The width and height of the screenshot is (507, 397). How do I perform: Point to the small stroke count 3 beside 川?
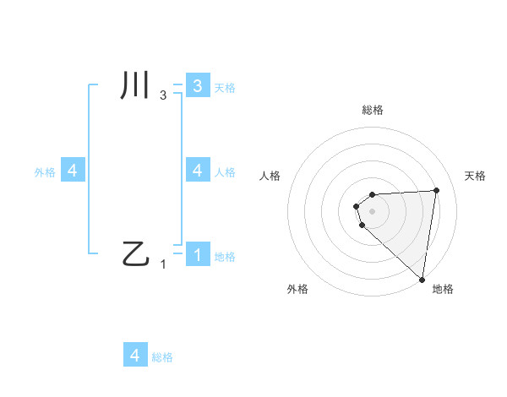(163, 95)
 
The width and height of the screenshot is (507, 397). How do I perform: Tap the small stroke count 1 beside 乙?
(163, 264)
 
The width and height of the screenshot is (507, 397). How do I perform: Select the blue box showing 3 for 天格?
(198, 86)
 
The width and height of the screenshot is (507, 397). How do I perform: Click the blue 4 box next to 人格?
(198, 170)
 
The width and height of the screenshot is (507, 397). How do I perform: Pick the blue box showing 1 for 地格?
(198, 254)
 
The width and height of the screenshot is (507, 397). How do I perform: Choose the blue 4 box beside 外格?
(73, 171)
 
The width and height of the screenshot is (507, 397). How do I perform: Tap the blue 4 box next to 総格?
(135, 355)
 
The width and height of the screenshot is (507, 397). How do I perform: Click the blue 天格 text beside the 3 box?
(225, 87)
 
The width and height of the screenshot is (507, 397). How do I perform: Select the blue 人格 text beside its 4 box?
(225, 171)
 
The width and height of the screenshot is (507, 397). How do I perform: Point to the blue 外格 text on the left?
(45, 171)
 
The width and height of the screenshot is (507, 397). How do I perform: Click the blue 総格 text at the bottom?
(162, 357)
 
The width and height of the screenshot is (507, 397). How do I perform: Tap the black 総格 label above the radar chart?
(373, 111)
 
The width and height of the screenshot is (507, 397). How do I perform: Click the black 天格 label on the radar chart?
(476, 176)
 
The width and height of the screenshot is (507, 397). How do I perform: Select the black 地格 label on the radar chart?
(443, 290)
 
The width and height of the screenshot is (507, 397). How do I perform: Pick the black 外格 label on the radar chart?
(297, 290)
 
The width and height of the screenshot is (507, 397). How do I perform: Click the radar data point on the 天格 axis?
(436, 190)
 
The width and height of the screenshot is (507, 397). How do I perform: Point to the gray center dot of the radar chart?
(372, 210)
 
